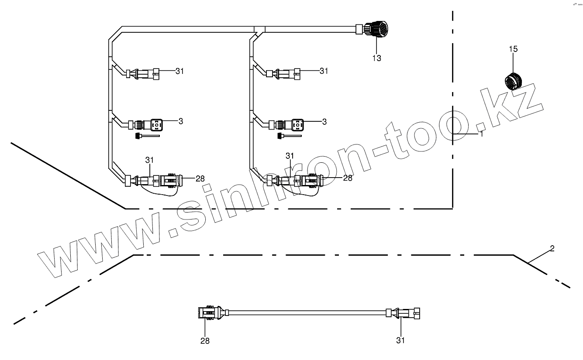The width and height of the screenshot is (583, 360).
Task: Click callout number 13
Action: point(376,58)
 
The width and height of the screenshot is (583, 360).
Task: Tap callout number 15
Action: point(513,49)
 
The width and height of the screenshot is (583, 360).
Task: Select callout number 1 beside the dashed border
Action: point(482,134)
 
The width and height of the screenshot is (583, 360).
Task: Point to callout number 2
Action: point(552,248)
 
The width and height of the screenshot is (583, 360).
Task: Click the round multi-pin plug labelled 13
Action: point(376,29)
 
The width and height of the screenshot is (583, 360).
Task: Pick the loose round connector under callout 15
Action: point(512,82)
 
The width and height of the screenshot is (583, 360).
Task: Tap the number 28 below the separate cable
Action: point(205,341)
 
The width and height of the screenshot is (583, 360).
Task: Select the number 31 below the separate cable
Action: point(400,340)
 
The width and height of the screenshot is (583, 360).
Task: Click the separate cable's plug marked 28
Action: point(210,312)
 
